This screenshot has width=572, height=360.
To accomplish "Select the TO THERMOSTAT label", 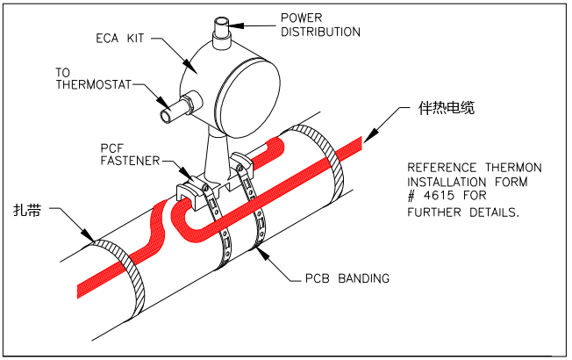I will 91,79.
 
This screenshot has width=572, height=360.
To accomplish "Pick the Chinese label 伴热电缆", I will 445,112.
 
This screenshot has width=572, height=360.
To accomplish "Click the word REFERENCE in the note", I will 443,167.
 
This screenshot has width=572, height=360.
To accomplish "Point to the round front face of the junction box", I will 245,90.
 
